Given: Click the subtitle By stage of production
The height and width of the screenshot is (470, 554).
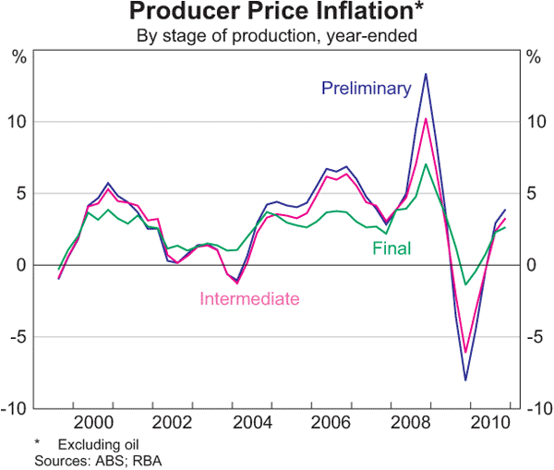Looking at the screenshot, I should [277, 37].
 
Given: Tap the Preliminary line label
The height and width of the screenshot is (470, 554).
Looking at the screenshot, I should [366, 89].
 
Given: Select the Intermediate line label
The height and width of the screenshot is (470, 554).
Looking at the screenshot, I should [250, 298].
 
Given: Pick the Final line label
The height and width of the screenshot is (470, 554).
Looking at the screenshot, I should [391, 247].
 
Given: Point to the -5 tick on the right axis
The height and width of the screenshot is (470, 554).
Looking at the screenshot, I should [533, 337].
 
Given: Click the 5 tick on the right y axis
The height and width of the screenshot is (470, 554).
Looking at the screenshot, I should [531, 194].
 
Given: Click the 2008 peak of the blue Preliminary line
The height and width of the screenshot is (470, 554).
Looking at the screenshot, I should [426, 74].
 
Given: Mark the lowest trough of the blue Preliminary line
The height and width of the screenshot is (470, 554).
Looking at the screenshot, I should [465, 380].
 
